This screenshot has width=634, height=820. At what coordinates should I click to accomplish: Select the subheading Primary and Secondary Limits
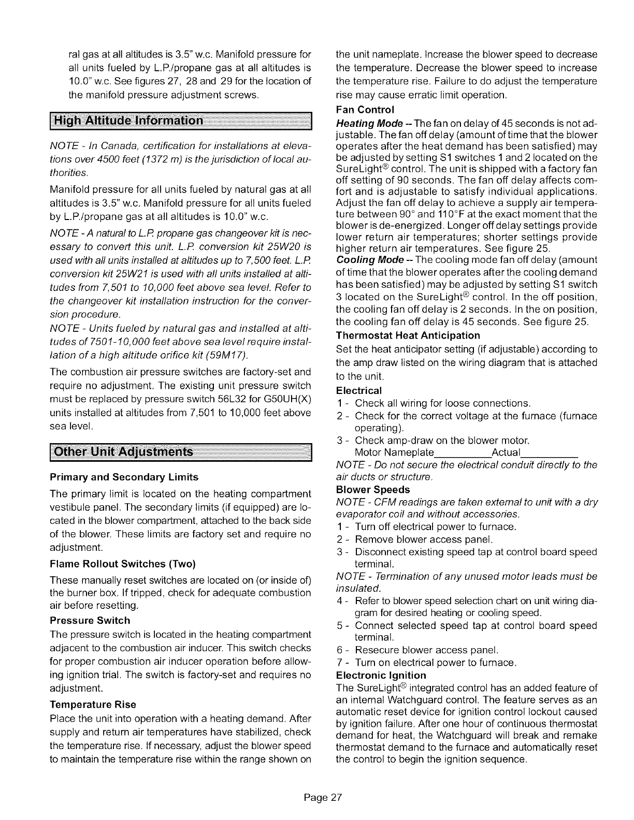[124, 476]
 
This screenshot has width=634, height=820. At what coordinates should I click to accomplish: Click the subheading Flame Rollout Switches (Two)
[122, 563]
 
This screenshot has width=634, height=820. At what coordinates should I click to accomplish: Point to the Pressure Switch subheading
[90, 620]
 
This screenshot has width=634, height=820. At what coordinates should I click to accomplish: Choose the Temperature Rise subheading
[93, 705]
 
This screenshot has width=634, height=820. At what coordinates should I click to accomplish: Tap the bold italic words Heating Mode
[369, 123]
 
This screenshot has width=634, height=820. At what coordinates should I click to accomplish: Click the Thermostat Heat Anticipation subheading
[408, 335]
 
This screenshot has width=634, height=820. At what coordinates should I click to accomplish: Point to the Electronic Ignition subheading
[381, 675]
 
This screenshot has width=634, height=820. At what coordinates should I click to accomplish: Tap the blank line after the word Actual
[549, 455]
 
